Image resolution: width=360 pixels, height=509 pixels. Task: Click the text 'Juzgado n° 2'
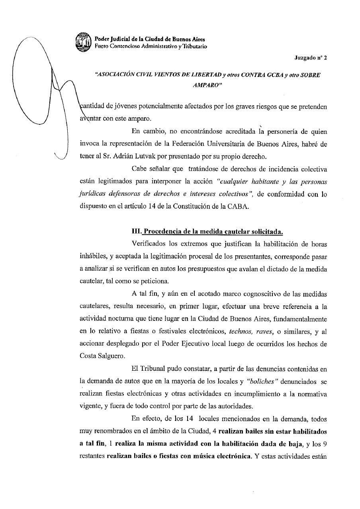click(311, 57)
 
